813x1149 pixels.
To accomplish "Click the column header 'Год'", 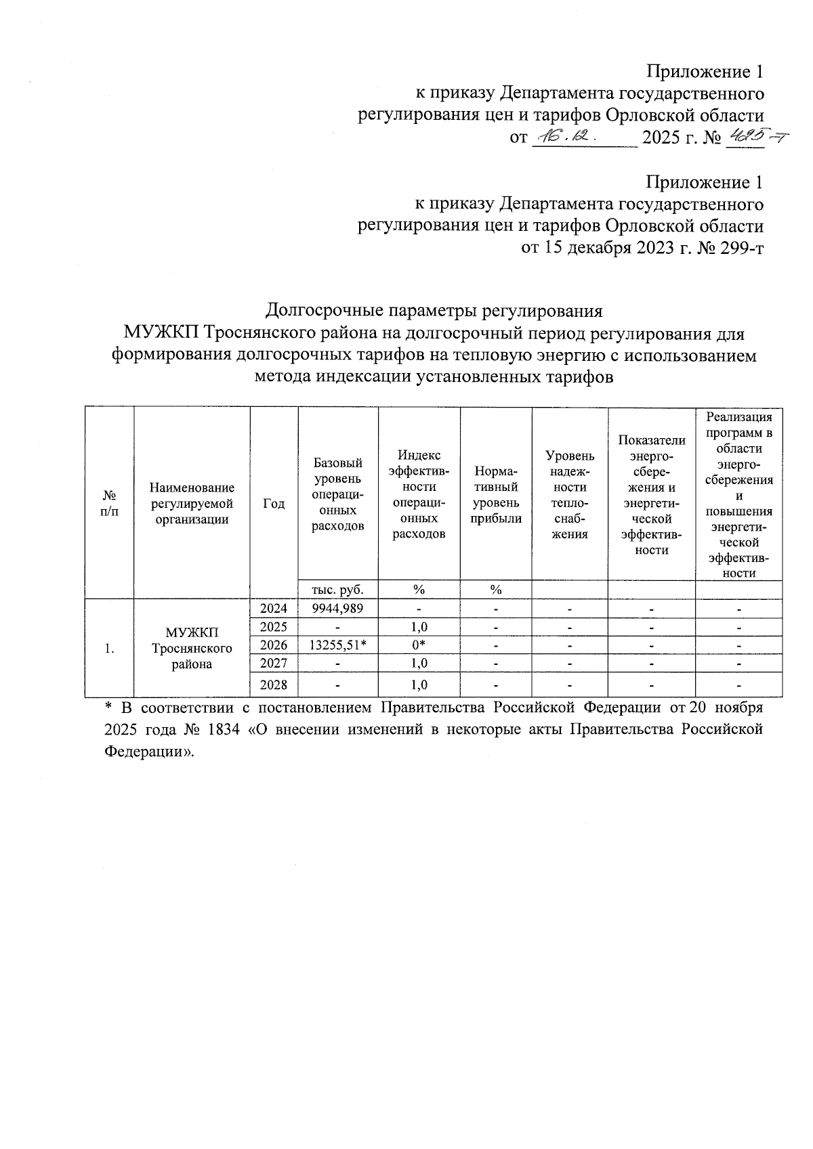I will click(x=274, y=503).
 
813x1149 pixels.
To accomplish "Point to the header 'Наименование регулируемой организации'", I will click(x=192, y=503).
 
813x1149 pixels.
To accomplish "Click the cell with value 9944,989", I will click(x=337, y=608).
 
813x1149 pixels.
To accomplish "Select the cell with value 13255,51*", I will click(x=337, y=645).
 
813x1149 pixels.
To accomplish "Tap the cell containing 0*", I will click(x=419, y=645).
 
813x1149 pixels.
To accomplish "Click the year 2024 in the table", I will click(x=274, y=608).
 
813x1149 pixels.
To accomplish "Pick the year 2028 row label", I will click(x=274, y=685).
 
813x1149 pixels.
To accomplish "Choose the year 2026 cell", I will click(x=274, y=645).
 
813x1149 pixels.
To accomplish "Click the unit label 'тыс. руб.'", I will click(x=337, y=589).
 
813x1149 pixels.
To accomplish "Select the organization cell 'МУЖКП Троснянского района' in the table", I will click(x=192, y=648).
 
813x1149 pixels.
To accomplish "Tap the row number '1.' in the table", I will click(x=109, y=648).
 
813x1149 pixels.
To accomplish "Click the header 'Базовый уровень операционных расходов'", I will click(x=337, y=494).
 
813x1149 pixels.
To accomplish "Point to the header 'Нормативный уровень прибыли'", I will click(x=495, y=494).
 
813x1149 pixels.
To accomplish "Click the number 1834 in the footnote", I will click(x=218, y=730).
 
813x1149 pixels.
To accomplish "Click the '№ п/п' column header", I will click(x=109, y=503).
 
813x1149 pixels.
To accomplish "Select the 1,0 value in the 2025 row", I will click(x=419, y=627).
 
